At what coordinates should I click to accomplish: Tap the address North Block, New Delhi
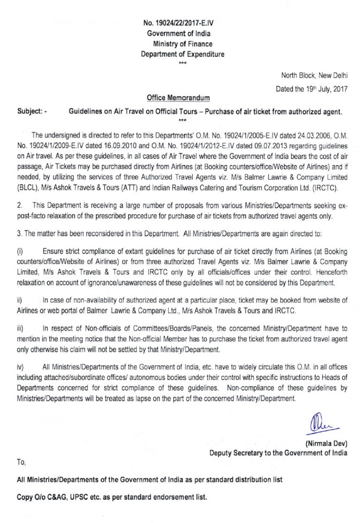click(314, 76)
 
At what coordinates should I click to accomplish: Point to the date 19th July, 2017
click(322, 90)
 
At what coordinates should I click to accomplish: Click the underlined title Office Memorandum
click(178, 98)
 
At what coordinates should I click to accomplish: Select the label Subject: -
click(31, 112)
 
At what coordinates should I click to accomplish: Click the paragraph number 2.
click(19, 206)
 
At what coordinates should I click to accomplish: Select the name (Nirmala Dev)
click(326, 443)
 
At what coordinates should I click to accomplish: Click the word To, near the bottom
click(21, 462)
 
